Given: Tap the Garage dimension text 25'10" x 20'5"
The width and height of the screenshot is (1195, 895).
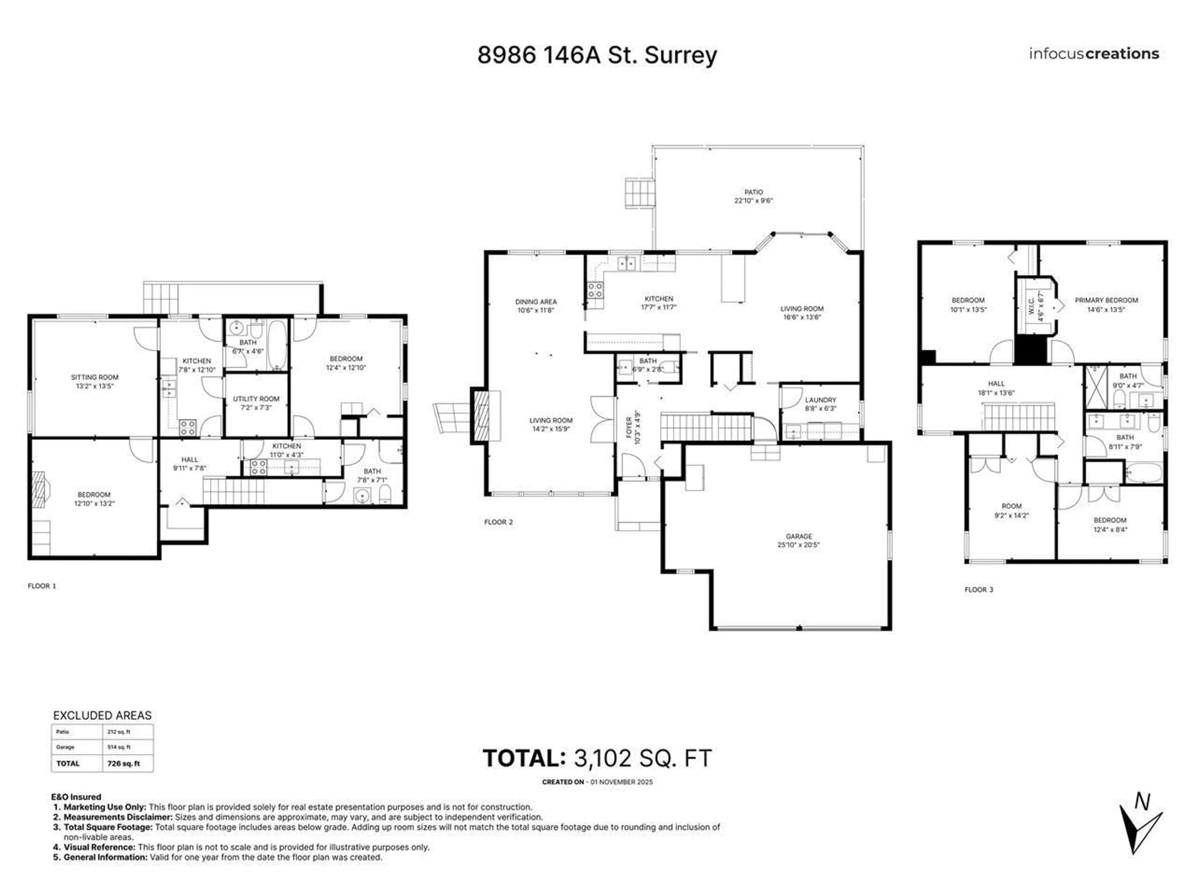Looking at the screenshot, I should (x=799, y=545).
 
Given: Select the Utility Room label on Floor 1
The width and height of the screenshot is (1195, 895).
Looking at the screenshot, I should (x=256, y=399).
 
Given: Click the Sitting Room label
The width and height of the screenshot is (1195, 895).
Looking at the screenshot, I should (x=95, y=377).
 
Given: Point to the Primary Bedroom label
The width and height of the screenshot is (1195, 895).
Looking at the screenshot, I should (x=1106, y=300).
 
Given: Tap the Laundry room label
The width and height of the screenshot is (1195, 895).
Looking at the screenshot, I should (x=820, y=400).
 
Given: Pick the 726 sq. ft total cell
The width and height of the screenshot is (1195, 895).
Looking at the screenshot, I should (x=124, y=763).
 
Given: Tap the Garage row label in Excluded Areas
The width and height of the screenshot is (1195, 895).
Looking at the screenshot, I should (x=65, y=747).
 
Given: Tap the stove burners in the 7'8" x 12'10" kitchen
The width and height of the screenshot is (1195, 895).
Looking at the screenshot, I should (x=187, y=427).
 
